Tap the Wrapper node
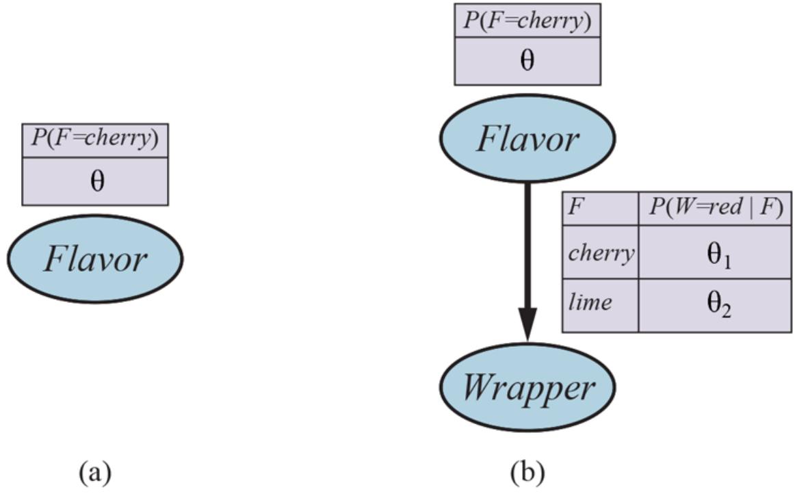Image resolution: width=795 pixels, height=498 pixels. click(x=527, y=389)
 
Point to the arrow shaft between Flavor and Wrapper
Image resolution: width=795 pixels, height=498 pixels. click(x=527, y=246)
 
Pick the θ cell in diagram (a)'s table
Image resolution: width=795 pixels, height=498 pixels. click(x=95, y=182)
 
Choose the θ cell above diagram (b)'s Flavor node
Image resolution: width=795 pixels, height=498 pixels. click(x=527, y=61)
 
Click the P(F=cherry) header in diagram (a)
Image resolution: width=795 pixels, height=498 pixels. click(x=95, y=140)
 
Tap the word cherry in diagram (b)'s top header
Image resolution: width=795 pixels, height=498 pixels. click(x=556, y=21)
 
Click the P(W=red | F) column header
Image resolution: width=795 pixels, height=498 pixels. click(x=715, y=207)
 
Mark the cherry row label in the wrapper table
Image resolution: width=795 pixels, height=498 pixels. click(x=600, y=253)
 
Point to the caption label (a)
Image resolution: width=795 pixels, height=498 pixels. click(x=94, y=472)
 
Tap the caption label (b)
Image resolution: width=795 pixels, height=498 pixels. click(x=527, y=472)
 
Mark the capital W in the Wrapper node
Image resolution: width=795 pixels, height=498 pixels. click(x=476, y=388)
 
